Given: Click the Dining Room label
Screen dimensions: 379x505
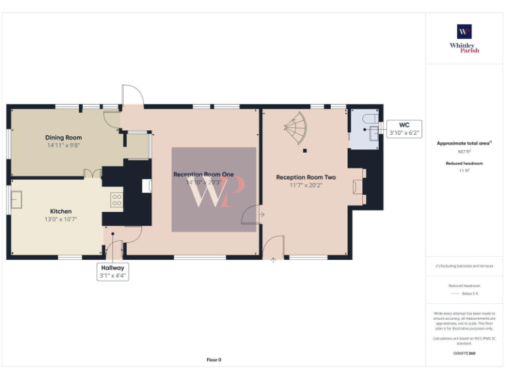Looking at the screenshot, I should click(x=64, y=138).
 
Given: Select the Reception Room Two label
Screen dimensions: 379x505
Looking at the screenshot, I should click(x=306, y=177).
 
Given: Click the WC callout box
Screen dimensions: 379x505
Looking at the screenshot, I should click(x=404, y=128).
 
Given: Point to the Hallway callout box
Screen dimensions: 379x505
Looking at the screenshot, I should click(x=112, y=272).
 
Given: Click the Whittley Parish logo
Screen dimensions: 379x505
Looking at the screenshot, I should click(x=464, y=39).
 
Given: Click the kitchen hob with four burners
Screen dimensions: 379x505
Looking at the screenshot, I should click(x=117, y=199).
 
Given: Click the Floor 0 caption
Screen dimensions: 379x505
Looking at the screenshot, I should click(x=214, y=360).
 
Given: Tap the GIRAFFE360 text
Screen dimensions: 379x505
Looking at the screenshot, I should click(x=464, y=353).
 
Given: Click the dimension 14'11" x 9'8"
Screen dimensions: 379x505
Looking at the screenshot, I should click(x=64, y=145).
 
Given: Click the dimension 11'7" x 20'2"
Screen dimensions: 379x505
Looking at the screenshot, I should click(x=306, y=185).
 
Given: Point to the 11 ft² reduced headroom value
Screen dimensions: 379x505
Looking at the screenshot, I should click(x=464, y=170).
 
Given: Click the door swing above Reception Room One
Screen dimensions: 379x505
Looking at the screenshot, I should click(x=132, y=95).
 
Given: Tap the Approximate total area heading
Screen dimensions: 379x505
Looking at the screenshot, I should click(x=464, y=143).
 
